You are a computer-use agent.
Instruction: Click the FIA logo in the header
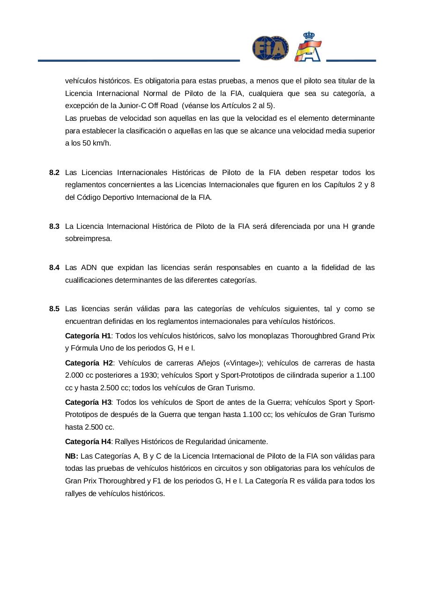tap(270, 48)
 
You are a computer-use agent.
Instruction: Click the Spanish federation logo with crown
tap(308, 47)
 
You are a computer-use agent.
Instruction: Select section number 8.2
tap(54, 173)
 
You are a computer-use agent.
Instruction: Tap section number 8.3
tap(54, 226)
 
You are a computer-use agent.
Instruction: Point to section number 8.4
tap(54, 268)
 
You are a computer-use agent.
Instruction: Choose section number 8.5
tap(54, 309)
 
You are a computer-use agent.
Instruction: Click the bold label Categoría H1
tap(88, 336)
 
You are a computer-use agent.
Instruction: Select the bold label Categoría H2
tap(89, 363)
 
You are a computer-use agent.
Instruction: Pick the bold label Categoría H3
tap(88, 402)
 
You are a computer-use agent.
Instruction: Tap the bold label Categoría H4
tap(88, 442)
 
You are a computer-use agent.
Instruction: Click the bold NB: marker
tap(72, 456)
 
